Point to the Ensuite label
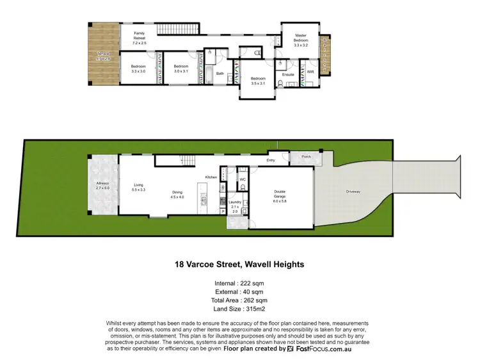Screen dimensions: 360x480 [x=288, y=74]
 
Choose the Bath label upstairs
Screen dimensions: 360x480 [x=220, y=74]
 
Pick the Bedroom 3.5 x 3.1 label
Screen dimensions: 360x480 [x=257, y=80]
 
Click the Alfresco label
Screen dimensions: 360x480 [x=102, y=186]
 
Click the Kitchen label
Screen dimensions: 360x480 [x=211, y=177]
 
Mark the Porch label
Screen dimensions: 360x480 [x=305, y=156]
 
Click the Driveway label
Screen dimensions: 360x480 [x=354, y=191]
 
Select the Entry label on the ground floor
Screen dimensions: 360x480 [x=271, y=160]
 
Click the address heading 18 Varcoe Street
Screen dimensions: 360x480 [x=240, y=263]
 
